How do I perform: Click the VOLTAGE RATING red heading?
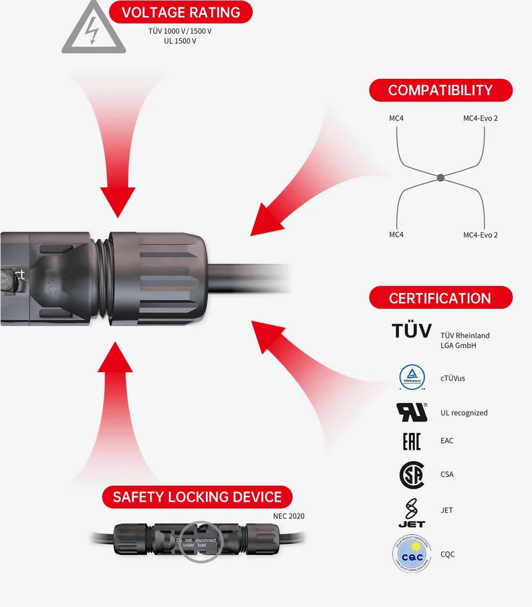click(x=180, y=12)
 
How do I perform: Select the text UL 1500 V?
click(x=180, y=41)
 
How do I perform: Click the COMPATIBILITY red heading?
click(x=440, y=91)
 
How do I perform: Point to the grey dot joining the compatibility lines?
click(x=440, y=177)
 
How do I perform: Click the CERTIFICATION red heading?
click(x=440, y=298)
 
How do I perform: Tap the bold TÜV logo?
click(x=412, y=331)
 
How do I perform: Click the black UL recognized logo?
click(x=412, y=412)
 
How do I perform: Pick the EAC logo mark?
click(x=412, y=441)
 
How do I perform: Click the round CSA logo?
click(x=412, y=474)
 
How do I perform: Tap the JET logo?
click(x=412, y=513)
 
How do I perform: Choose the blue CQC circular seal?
click(x=412, y=554)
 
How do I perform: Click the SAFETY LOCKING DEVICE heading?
click(x=197, y=497)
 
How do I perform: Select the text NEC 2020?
click(x=289, y=516)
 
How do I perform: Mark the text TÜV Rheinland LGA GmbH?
click(x=465, y=340)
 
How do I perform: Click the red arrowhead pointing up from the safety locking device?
click(x=115, y=356)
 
